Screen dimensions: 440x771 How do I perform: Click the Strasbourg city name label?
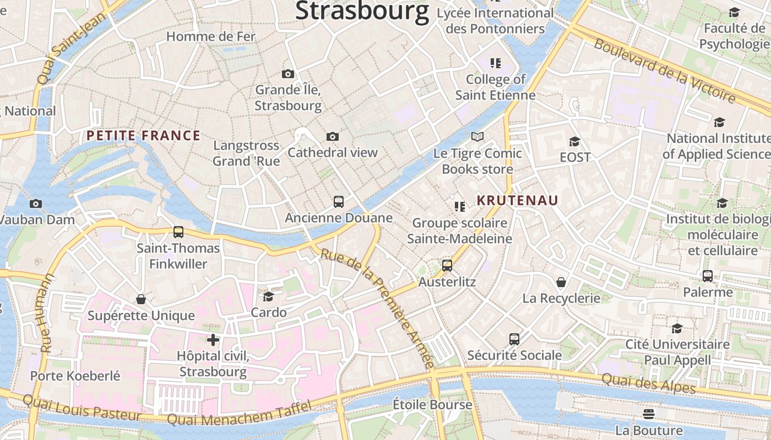362,11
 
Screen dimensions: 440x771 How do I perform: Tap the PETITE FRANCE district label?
143,136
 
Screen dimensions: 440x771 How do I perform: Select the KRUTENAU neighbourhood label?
517,200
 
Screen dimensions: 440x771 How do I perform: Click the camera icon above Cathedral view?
332,136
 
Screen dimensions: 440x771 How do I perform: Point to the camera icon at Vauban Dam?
36,204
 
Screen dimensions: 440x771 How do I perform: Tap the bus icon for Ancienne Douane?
339,202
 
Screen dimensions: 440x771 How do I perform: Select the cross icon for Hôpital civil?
213,340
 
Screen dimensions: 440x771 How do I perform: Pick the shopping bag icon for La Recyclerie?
561,282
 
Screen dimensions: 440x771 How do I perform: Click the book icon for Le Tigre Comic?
477,136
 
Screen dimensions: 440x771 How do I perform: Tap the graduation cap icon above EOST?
574,141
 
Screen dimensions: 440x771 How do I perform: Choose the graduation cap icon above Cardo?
268,296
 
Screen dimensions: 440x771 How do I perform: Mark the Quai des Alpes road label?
648,383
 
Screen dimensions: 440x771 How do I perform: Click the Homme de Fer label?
211,37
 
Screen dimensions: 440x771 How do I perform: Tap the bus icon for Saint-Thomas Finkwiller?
178,232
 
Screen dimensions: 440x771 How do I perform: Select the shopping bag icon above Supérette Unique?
141,299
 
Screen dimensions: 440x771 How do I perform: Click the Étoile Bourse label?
432,405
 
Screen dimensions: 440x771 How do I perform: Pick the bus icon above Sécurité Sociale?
514,339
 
